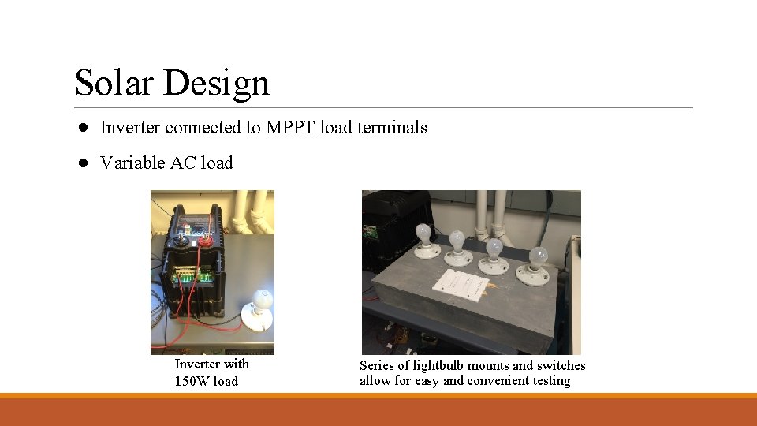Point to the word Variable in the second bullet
pyautogui.click(x=133, y=163)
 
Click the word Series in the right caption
pyautogui.click(x=378, y=365)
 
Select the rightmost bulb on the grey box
pyautogui.click(x=539, y=257)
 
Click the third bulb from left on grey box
pyautogui.click(x=494, y=248)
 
